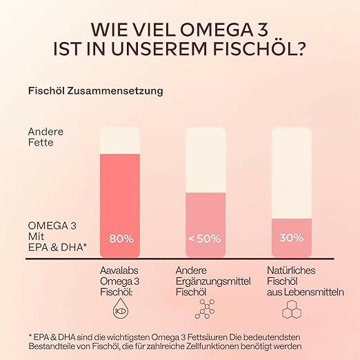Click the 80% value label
point(121,239)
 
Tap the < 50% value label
point(204,239)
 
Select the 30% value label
point(291,238)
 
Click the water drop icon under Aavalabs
point(121,310)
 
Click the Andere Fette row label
point(46,137)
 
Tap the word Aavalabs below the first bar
point(122,270)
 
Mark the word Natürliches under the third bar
point(292,270)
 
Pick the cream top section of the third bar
point(291,172)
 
